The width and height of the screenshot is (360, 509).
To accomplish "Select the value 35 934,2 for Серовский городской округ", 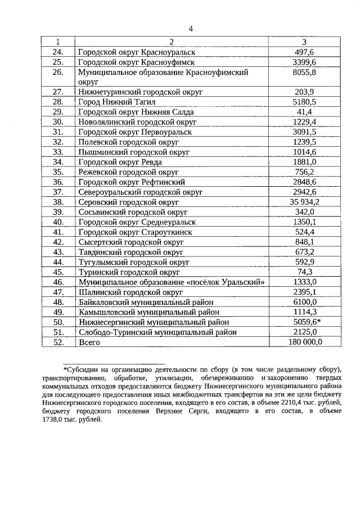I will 304,202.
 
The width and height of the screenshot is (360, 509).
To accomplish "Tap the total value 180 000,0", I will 304,342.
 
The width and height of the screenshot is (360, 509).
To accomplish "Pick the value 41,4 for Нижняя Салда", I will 304,112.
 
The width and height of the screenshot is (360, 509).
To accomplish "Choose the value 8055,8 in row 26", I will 304,73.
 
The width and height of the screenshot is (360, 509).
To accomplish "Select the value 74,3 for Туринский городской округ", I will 304,272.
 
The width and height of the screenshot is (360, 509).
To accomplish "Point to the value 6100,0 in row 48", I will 304,302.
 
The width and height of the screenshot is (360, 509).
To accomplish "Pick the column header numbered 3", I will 304,42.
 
